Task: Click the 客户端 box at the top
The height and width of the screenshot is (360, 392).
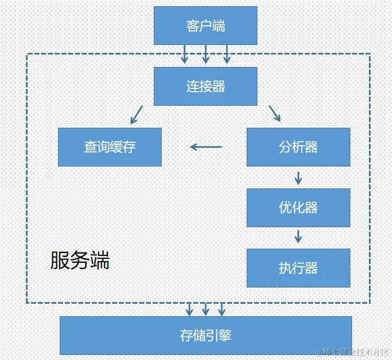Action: [x=206, y=25]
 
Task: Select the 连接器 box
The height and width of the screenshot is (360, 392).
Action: [x=206, y=86]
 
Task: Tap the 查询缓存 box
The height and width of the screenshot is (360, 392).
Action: [x=110, y=147]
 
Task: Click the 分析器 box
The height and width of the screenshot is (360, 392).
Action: [x=299, y=147]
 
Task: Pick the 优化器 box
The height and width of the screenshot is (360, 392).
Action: [x=299, y=208]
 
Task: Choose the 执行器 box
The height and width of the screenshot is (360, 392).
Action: [x=299, y=268]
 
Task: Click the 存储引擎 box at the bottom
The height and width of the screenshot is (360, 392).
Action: [x=206, y=335]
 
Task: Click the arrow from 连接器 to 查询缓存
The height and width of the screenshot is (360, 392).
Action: [x=136, y=115]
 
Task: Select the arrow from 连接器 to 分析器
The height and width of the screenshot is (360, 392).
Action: [x=275, y=114]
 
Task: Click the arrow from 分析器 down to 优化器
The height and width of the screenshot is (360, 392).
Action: [x=299, y=177]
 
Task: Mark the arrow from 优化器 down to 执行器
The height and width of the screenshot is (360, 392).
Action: [x=299, y=235]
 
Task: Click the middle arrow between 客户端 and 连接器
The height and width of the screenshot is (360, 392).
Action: [x=206, y=54]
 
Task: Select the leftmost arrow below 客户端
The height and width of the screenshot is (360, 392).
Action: [x=184, y=54]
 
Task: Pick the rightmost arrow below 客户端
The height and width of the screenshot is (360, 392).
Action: [x=227, y=54]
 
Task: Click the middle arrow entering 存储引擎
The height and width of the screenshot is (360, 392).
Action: [x=206, y=309]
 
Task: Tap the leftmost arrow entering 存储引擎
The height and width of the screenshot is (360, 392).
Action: [x=190, y=309]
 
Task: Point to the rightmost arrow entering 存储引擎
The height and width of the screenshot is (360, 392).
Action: [x=222, y=309]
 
